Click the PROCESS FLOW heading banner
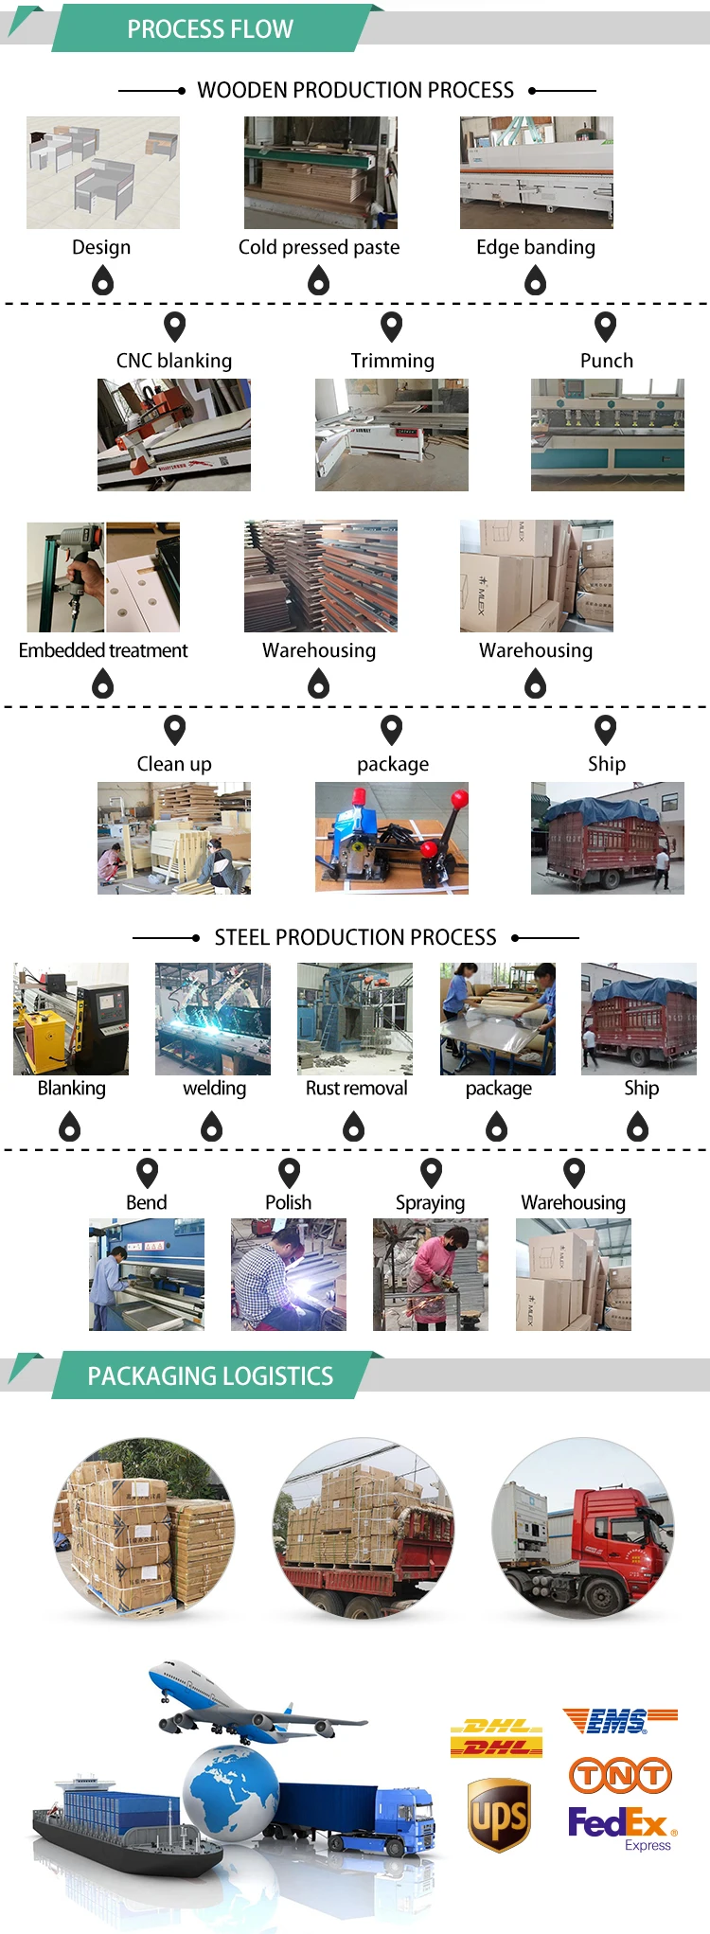click(210, 29)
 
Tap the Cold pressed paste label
click(319, 247)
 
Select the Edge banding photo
click(536, 172)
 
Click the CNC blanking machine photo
click(174, 435)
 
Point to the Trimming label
click(392, 361)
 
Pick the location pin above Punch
click(605, 327)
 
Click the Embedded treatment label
click(103, 650)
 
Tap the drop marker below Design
click(102, 280)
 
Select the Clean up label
click(174, 764)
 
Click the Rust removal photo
click(355, 1019)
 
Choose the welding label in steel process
click(214, 1089)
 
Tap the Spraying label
click(430, 1202)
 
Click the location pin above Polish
click(289, 1173)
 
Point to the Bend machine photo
click(147, 1274)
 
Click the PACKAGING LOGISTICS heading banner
click(210, 1376)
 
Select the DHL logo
click(496, 1737)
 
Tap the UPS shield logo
click(499, 1814)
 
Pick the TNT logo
click(620, 1775)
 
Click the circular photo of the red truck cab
click(583, 1527)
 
